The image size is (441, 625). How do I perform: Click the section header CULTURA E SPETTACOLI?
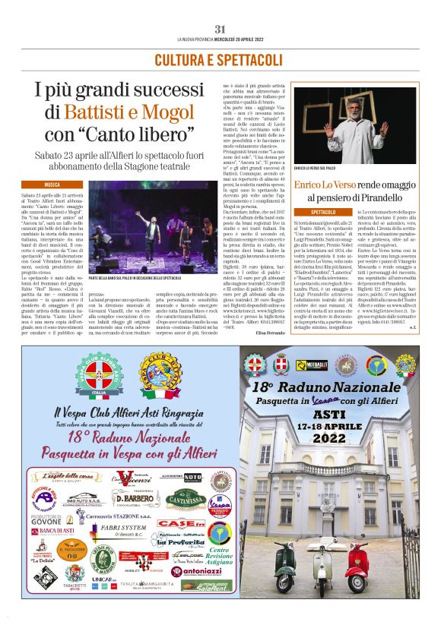[x=220, y=59]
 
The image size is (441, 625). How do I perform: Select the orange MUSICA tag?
[x=52, y=185]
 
